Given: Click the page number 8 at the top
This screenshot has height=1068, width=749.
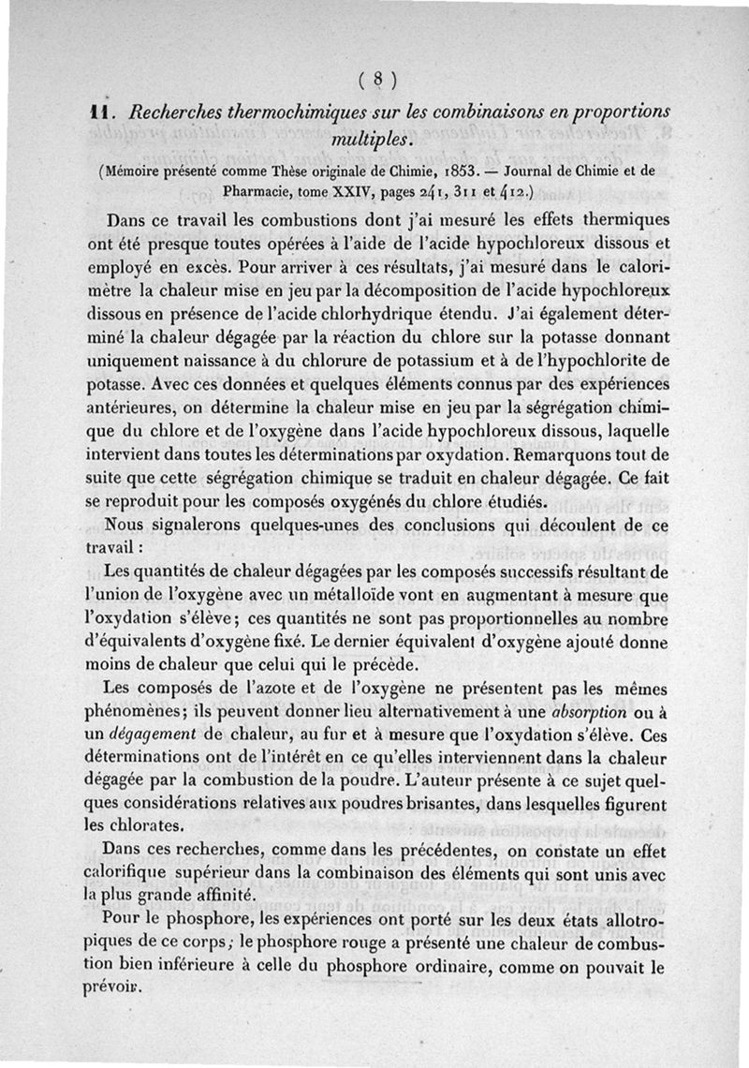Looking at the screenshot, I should (378, 79).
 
